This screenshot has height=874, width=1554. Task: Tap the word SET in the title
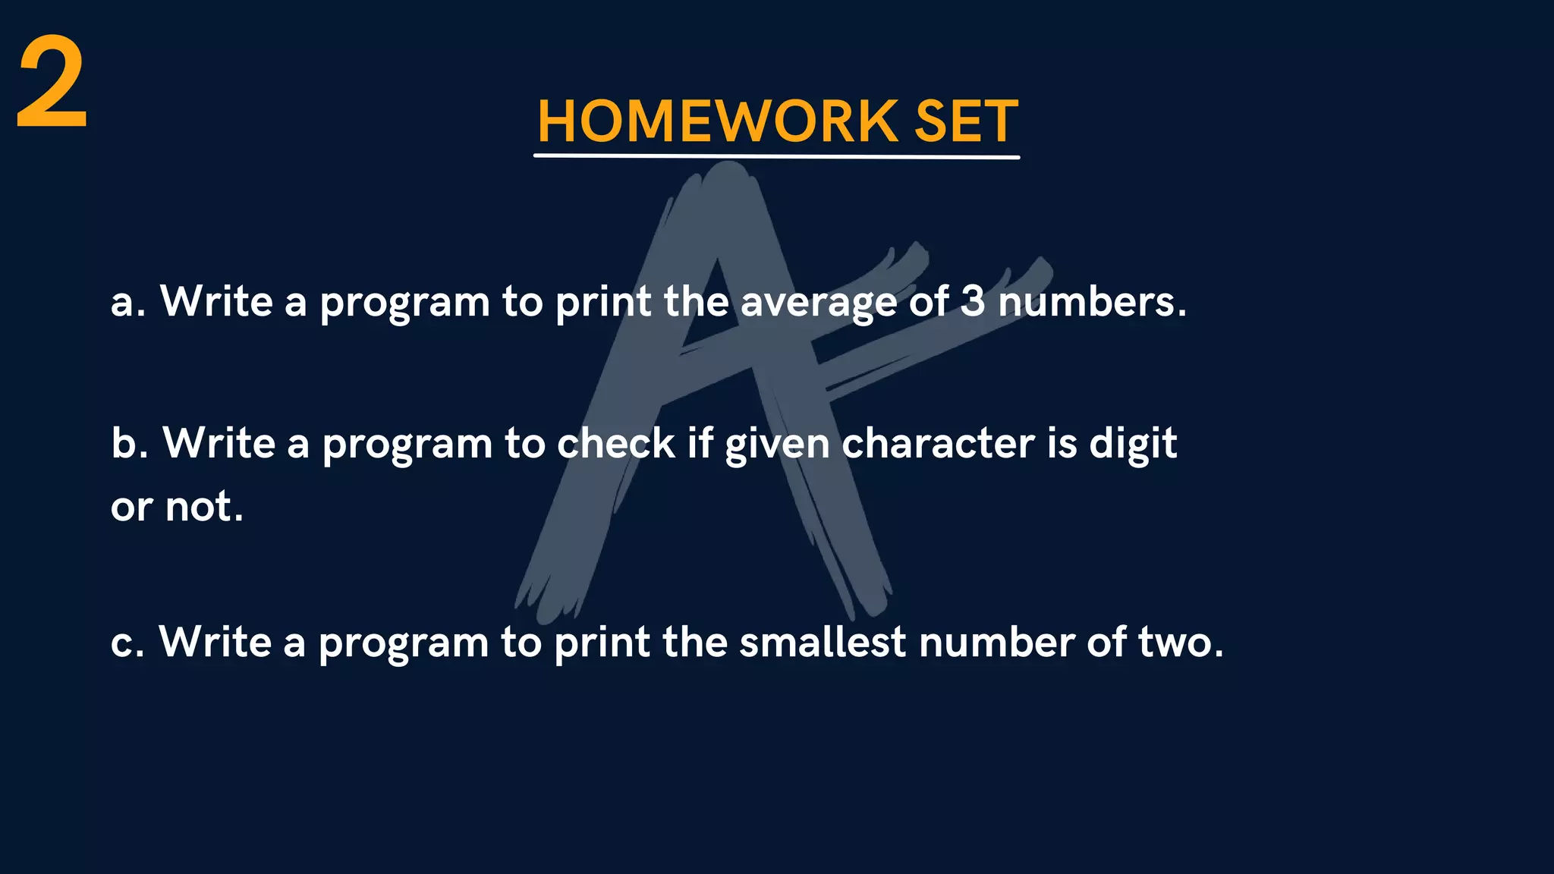[x=966, y=121]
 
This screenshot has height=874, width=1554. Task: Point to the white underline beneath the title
[x=776, y=156]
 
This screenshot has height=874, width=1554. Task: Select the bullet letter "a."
[x=127, y=302]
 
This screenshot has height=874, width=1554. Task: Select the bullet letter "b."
[x=129, y=443]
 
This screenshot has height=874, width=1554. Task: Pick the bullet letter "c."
[x=127, y=643]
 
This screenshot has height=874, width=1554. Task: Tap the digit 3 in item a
[x=973, y=301]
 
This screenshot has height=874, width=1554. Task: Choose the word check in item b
[x=616, y=443]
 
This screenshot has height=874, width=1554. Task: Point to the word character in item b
[x=938, y=443]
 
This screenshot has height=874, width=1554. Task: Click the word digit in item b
[x=1133, y=445]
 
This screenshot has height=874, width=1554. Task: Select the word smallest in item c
[x=823, y=642]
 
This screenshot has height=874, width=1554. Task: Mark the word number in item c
[x=996, y=643]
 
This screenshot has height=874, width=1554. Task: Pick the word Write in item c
[x=215, y=642]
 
